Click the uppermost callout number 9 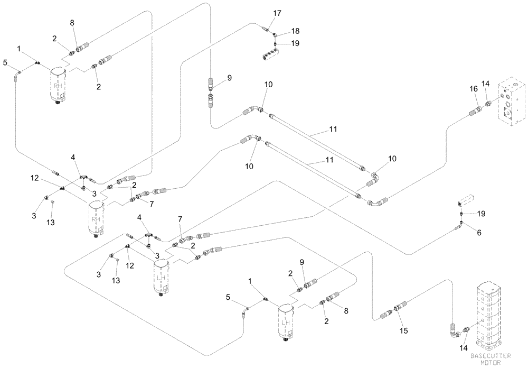pos(229,78)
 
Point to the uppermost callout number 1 pos(19,49)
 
